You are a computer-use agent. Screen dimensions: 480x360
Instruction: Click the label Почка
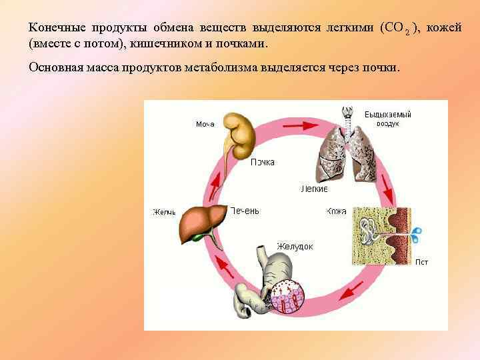[x=262, y=162]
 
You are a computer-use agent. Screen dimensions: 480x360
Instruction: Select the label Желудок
[x=295, y=247]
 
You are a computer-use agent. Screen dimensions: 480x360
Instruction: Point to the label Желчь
[x=164, y=213]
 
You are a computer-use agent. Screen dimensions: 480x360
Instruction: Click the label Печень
[x=244, y=211]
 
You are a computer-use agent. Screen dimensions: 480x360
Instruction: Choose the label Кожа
[x=336, y=212]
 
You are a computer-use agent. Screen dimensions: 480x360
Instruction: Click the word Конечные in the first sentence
[x=53, y=29]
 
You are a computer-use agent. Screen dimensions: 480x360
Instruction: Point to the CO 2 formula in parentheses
[x=398, y=29]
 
